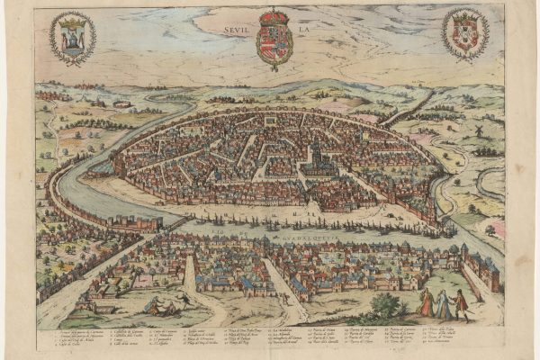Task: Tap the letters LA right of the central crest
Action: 302,28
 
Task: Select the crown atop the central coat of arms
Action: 274,17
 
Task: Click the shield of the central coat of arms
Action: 274,42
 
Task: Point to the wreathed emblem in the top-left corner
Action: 72,37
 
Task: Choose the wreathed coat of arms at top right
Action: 465,34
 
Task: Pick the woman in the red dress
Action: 427,304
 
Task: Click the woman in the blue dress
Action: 443,306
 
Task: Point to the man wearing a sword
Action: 460,304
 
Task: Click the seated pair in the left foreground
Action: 158,307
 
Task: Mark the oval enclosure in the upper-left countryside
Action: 121,103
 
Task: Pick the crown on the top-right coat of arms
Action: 465,15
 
